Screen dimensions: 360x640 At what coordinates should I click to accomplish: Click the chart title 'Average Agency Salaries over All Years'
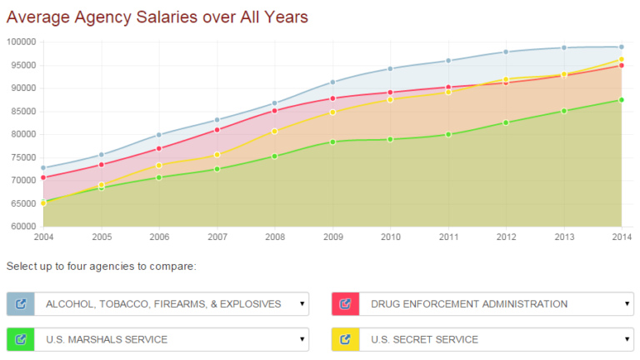[x=157, y=16]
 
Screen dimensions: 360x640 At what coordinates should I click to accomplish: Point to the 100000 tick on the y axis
[x=21, y=42]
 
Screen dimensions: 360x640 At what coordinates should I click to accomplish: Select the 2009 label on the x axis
[x=332, y=237]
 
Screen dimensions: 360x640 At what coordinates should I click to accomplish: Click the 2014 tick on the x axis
[x=621, y=237]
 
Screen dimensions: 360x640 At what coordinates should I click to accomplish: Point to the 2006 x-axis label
[x=159, y=237]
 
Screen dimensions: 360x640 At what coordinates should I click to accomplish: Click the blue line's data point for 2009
[x=332, y=82]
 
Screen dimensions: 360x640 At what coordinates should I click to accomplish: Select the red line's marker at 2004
[x=43, y=177]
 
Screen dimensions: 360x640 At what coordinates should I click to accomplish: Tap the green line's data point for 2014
[x=621, y=100]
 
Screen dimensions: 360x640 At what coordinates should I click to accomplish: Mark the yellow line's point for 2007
[x=217, y=155]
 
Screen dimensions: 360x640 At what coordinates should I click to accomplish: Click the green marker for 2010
[x=390, y=139]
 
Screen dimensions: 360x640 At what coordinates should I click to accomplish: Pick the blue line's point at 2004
[x=43, y=167]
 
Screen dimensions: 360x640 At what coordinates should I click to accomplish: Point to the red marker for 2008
[x=274, y=111]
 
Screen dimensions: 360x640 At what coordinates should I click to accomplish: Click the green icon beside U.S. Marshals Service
[x=21, y=339]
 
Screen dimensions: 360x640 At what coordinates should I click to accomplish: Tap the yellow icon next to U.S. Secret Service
[x=346, y=339]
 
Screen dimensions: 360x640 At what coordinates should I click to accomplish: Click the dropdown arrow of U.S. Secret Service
[x=627, y=339]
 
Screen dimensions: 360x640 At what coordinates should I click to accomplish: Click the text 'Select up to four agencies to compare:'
[x=101, y=267]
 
